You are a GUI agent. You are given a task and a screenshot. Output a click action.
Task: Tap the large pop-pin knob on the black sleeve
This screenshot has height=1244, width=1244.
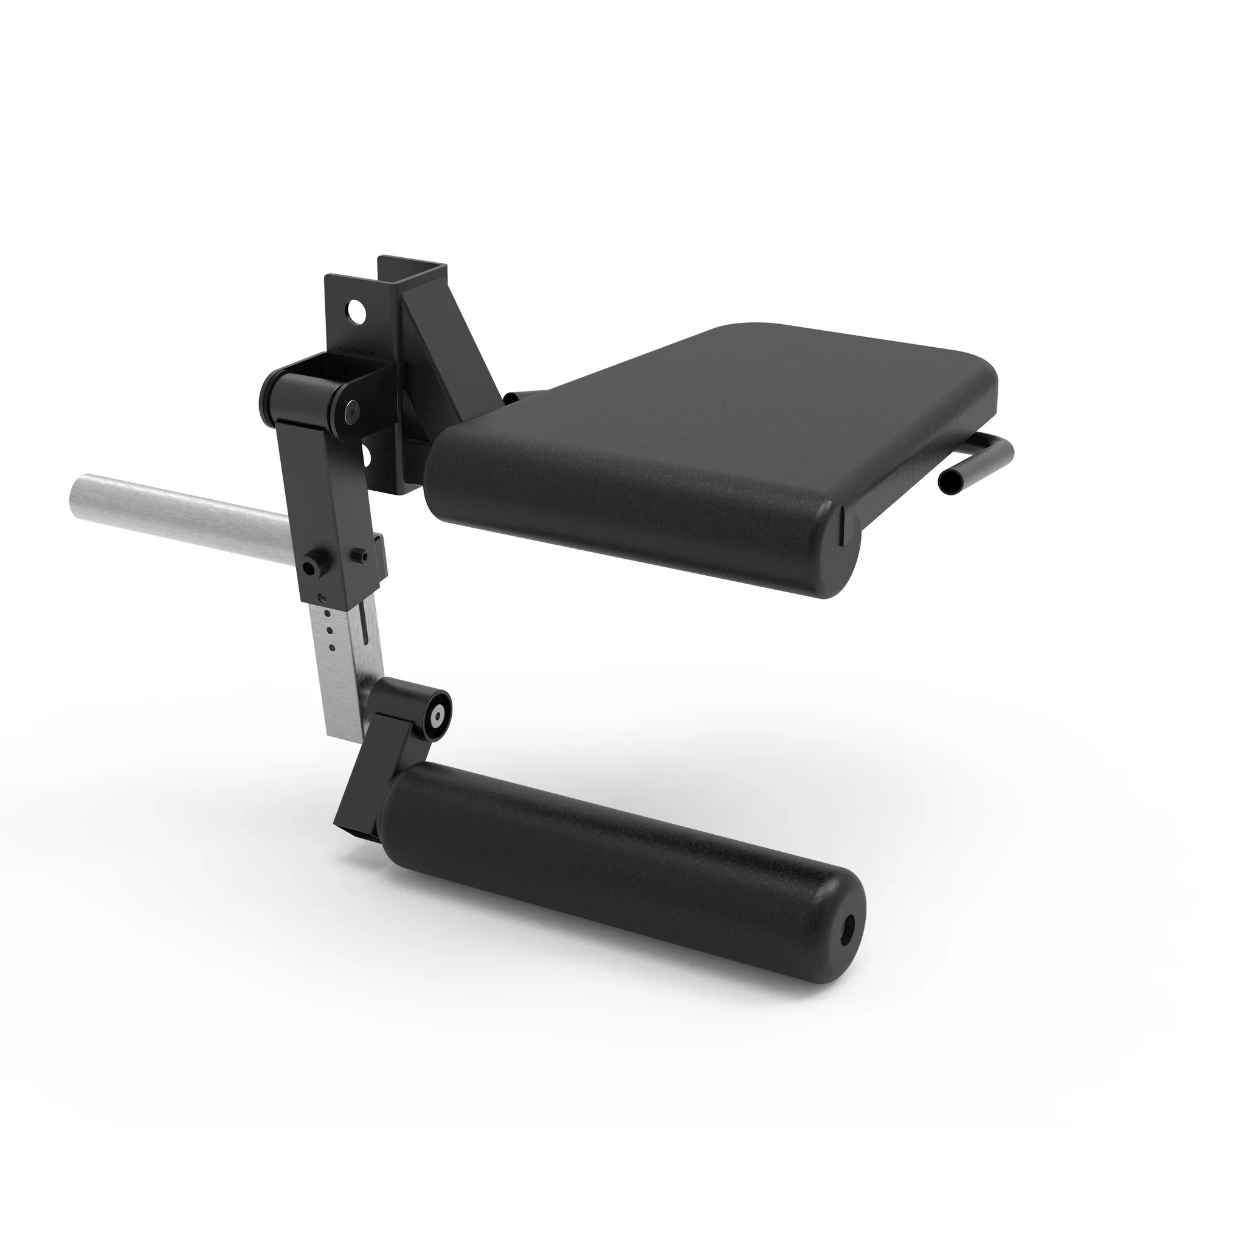pos(312,567)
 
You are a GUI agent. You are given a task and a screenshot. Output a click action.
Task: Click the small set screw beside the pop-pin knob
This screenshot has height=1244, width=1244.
pos(359,555)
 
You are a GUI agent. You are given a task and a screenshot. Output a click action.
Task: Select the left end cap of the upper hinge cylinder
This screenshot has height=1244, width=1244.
pos(267,393)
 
